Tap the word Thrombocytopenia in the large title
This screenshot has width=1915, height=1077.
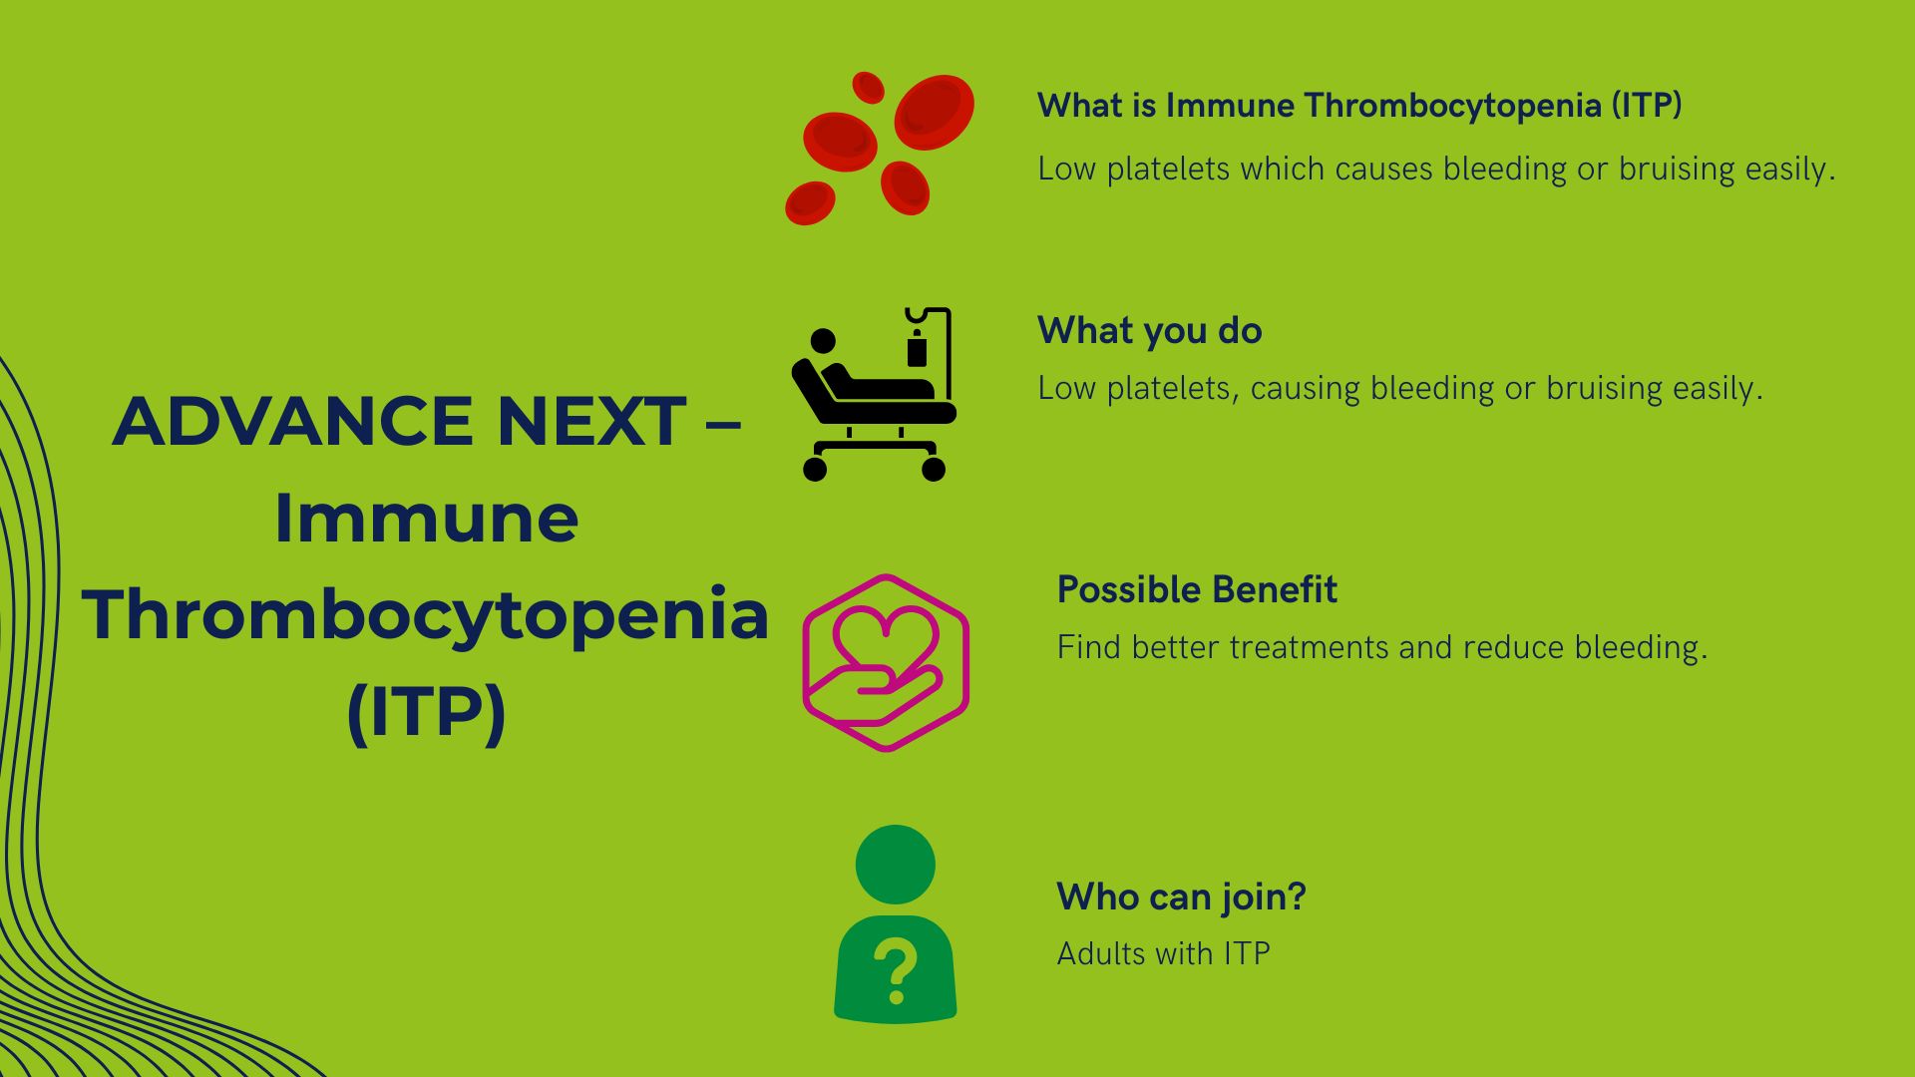426,615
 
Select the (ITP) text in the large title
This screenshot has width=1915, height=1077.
426,712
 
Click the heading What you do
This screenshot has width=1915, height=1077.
1149,331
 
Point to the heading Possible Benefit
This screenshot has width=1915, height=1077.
1196,590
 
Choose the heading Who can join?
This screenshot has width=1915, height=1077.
1181,897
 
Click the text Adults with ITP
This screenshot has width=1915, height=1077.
1163,954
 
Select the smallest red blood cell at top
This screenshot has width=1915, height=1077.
869,87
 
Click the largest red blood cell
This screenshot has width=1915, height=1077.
934,112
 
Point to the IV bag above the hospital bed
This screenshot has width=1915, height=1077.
917,351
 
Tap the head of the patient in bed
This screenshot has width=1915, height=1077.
823,342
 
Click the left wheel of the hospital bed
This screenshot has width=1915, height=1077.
815,469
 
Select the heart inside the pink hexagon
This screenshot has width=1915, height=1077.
886,634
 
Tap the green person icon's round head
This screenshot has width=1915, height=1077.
895,865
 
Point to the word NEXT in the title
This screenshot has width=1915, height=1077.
591,421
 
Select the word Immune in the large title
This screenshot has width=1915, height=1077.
426,519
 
